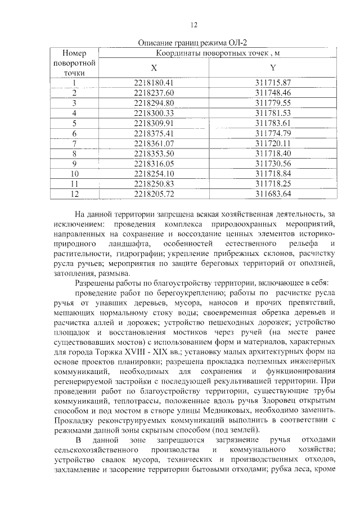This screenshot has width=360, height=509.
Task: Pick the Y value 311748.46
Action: pos(272,93)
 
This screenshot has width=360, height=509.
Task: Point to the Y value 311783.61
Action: pos(272,123)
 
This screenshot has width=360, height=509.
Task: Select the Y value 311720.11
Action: pos(272,143)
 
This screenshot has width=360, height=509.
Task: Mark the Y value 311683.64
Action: pos(272,195)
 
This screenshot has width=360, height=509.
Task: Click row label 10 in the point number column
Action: pos(74,174)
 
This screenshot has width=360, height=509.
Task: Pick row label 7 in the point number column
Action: pos(74,143)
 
